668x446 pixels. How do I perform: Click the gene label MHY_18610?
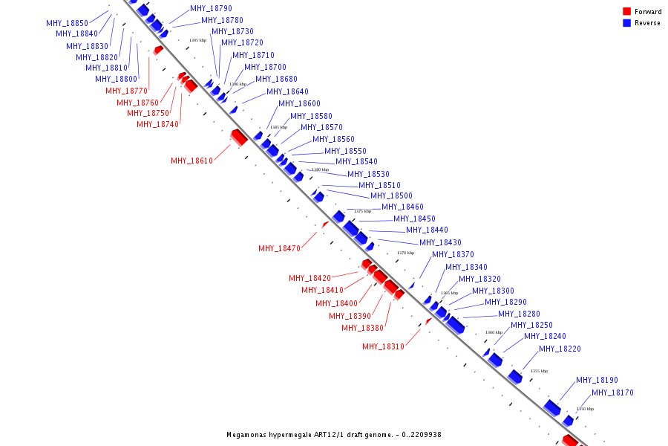point(191,161)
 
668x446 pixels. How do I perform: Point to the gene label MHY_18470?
point(279,248)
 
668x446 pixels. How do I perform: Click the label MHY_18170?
point(612,392)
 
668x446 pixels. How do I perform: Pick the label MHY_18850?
point(67,23)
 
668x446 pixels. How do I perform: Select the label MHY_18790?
point(211,8)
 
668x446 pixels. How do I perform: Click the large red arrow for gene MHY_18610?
point(238,138)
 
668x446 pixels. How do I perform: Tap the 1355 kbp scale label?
point(539,371)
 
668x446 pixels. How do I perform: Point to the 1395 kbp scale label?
point(197,40)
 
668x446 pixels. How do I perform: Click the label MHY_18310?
point(383,346)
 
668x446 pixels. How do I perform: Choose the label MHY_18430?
point(440,242)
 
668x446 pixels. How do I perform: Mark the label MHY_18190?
point(597,380)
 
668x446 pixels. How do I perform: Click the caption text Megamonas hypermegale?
point(272,435)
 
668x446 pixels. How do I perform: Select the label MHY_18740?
point(157,124)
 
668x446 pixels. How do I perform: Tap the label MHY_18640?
point(287,91)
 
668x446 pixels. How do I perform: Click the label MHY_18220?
point(560,349)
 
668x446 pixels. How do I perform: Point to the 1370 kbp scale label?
point(405,253)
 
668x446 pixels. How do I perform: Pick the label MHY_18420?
point(310,278)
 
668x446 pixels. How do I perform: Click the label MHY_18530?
point(368,174)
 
